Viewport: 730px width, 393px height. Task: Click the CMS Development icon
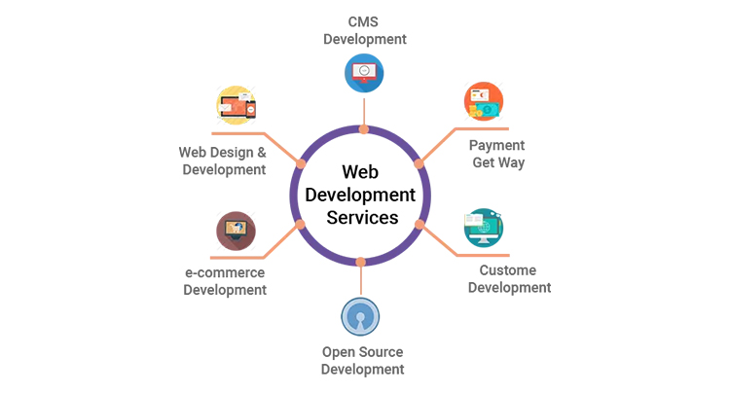[x=363, y=71]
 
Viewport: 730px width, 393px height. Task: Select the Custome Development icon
[x=484, y=228]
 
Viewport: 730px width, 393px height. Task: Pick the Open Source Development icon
[x=360, y=317]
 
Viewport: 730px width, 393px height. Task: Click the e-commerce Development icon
[x=236, y=231]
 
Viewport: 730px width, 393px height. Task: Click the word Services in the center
[x=362, y=217]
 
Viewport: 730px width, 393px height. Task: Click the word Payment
[x=497, y=145]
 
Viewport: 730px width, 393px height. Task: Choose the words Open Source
[x=362, y=351]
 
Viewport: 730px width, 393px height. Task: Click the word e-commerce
[x=225, y=271]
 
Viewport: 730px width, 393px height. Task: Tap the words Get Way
[x=498, y=162]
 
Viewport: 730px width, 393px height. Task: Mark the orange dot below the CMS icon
[x=363, y=128]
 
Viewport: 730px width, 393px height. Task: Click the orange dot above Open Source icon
[x=361, y=262]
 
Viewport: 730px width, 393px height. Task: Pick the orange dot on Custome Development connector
[x=420, y=224]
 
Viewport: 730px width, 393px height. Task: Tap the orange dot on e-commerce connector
[x=301, y=225]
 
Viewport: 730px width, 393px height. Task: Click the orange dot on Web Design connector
[x=302, y=162]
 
